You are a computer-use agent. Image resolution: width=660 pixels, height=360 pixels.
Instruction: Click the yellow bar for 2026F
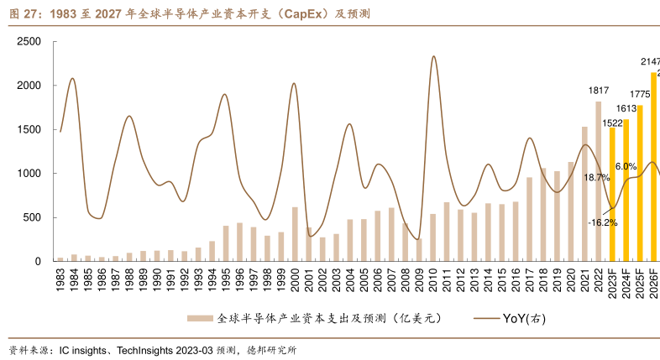pyautogui.click(x=653, y=168)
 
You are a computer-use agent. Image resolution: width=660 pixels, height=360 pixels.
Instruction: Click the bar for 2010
pyautogui.click(x=432, y=237)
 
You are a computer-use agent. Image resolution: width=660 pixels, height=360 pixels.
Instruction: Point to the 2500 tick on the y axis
pyautogui.click(x=29, y=41)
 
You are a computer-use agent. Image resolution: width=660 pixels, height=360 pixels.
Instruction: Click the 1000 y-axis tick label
pyautogui.click(x=29, y=174)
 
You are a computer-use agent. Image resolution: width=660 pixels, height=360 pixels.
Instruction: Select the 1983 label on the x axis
pyautogui.click(x=60, y=279)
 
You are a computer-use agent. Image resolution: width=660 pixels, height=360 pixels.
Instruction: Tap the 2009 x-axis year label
pyautogui.click(x=419, y=279)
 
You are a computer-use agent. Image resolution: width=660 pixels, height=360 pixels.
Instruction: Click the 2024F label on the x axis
pyautogui.click(x=626, y=282)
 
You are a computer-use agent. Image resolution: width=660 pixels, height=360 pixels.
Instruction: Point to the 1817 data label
pyautogui.click(x=599, y=91)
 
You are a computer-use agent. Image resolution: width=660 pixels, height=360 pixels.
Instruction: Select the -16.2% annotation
pyautogui.click(x=603, y=222)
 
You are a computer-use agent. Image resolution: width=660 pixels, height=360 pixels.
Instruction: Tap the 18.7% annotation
pyautogui.click(x=596, y=178)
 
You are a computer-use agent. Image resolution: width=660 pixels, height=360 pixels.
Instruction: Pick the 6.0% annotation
pyautogui.click(x=626, y=167)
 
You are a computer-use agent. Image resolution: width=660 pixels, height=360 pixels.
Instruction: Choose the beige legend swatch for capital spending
pyautogui.click(x=200, y=318)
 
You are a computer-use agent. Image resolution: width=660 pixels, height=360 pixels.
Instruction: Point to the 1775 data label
pyautogui.click(x=640, y=94)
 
